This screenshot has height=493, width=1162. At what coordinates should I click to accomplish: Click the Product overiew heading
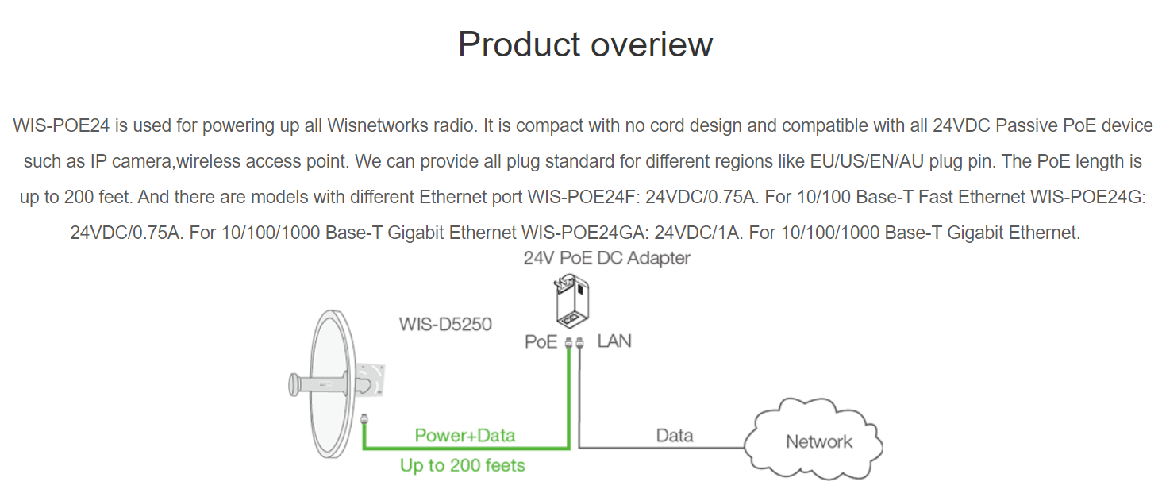click(x=585, y=44)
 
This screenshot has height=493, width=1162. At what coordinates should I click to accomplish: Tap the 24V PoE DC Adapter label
click(x=607, y=258)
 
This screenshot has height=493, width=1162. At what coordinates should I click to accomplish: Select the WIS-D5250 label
click(x=445, y=325)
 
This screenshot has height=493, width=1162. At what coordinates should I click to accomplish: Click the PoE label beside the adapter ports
click(x=541, y=341)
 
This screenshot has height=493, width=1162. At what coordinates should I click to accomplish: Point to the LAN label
click(x=614, y=341)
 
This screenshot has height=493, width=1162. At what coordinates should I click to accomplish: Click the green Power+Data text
click(x=465, y=435)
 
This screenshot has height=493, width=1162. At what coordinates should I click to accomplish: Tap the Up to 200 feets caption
click(x=462, y=465)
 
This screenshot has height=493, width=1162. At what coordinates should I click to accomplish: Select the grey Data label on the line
click(x=675, y=435)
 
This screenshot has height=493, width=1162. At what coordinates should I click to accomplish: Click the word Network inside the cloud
click(x=818, y=441)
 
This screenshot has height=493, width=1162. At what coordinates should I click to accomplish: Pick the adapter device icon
click(x=571, y=302)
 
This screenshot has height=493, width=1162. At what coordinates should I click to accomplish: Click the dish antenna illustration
click(x=332, y=384)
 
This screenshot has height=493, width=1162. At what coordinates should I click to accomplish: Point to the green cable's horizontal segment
click(x=467, y=447)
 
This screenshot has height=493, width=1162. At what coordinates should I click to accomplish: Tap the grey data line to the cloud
click(x=661, y=447)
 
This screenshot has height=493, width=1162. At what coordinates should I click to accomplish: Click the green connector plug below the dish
click(x=364, y=418)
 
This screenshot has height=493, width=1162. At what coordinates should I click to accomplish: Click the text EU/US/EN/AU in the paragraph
click(x=867, y=161)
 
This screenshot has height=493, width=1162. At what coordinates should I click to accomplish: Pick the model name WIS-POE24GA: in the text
click(x=585, y=233)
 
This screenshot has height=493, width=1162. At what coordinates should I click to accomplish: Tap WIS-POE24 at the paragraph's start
click(x=61, y=125)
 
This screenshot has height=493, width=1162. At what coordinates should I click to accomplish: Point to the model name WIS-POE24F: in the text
click(x=584, y=197)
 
